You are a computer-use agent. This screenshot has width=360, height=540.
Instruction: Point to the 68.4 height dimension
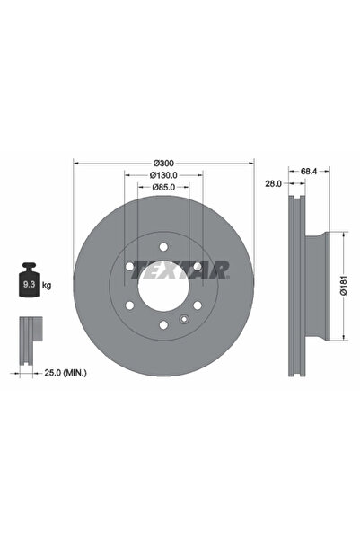click(x=308, y=170)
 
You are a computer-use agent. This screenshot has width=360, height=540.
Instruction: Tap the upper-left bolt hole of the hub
click(x=130, y=267)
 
